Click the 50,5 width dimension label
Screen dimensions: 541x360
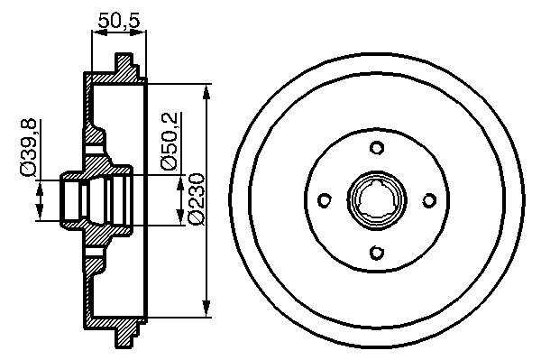click(119, 21)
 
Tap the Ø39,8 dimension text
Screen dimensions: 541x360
click(28, 148)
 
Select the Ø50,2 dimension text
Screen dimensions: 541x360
click(170, 142)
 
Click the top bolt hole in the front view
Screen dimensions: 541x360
click(377, 148)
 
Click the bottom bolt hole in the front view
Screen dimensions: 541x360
click(377, 253)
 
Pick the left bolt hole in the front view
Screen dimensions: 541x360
click(325, 200)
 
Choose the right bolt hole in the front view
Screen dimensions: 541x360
click(429, 200)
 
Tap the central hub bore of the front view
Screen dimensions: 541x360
click(377, 200)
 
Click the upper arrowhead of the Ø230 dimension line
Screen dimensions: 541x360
click(206, 93)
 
